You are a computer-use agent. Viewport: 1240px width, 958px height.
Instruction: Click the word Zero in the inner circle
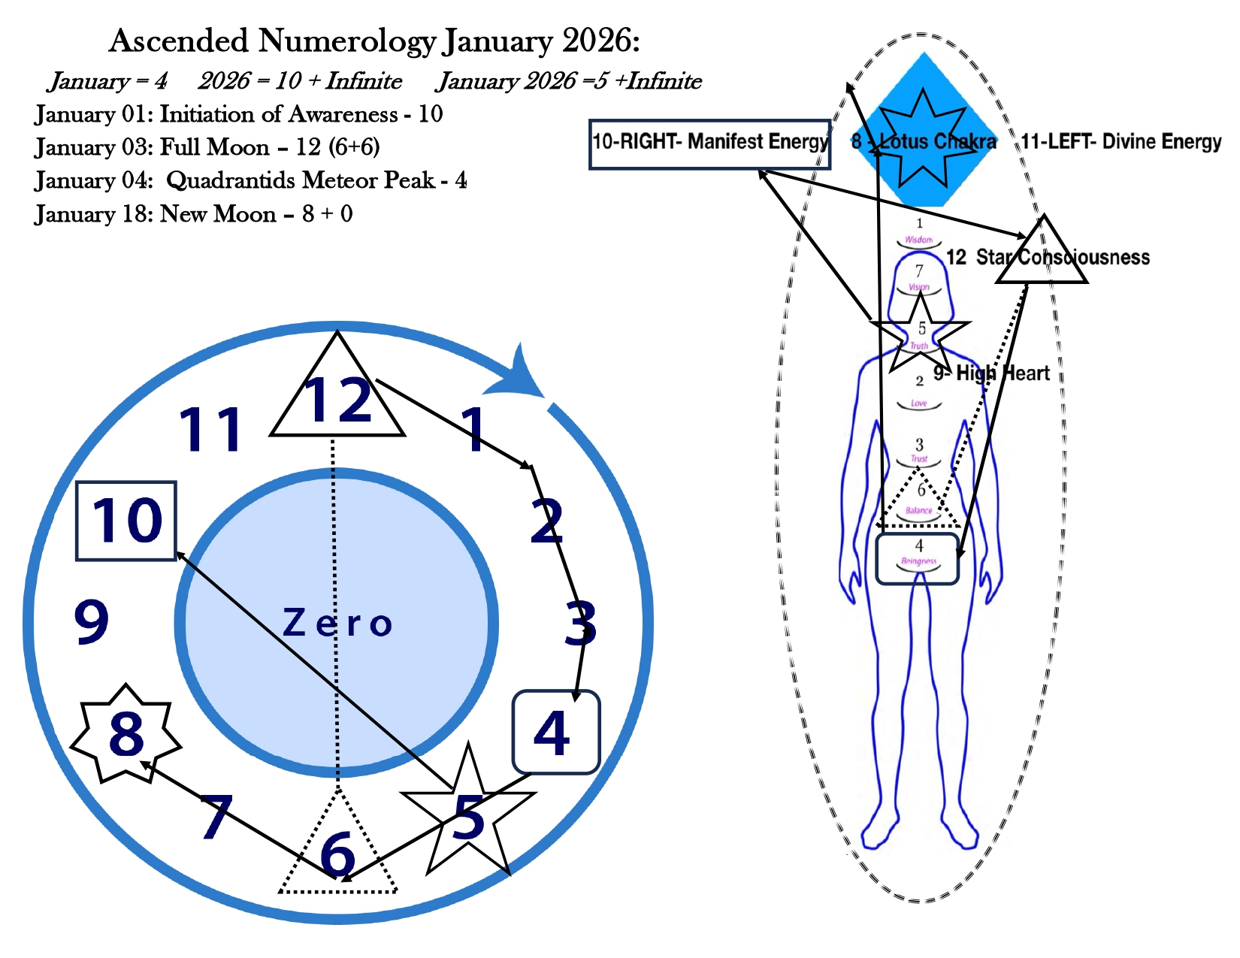click(x=337, y=623)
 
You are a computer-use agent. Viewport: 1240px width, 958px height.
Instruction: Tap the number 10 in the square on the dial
click(x=126, y=521)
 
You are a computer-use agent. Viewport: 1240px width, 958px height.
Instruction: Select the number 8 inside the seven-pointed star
click(x=126, y=734)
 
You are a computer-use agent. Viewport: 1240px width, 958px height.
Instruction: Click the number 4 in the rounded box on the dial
click(x=553, y=733)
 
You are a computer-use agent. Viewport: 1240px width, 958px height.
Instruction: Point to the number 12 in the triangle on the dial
click(x=337, y=400)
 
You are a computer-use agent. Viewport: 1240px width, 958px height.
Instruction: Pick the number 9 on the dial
click(x=92, y=622)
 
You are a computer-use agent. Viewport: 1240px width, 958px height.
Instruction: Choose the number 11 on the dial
click(x=210, y=430)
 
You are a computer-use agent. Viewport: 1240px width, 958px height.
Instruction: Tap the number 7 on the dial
click(x=216, y=817)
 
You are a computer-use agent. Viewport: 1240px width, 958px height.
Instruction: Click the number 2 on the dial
click(x=546, y=521)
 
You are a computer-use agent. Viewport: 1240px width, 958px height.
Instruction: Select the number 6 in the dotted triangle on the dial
click(x=337, y=854)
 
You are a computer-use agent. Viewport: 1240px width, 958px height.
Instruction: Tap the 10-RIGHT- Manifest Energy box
click(x=709, y=144)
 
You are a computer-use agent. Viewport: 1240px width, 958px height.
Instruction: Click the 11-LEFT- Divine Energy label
click(x=1121, y=142)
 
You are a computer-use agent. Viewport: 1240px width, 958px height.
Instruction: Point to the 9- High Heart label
click(x=991, y=373)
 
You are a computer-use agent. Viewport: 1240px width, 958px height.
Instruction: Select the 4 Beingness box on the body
click(x=918, y=559)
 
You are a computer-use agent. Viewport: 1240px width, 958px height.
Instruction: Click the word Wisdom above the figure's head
click(x=918, y=240)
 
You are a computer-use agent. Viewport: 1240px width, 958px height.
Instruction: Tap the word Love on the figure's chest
click(x=919, y=403)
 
